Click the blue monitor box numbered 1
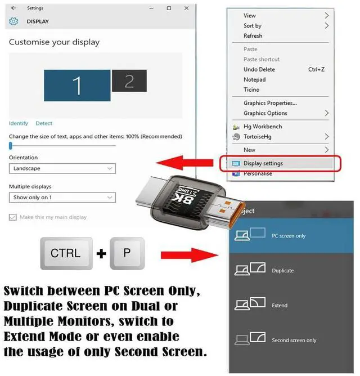tap(77, 86)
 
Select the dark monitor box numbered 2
tap(129, 81)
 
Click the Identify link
tap(19, 123)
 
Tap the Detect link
tap(44, 123)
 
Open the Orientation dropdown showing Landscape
tap(62, 168)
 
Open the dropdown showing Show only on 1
tap(62, 198)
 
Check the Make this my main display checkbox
tap(13, 217)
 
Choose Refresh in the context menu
tap(253, 36)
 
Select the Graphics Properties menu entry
tap(270, 103)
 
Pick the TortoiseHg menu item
tap(259, 137)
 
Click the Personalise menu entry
tap(258, 173)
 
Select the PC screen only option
tap(288, 236)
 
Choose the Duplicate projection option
tap(282, 271)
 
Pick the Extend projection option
tap(280, 306)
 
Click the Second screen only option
tap(294, 341)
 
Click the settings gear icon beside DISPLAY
tap(14, 21)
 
